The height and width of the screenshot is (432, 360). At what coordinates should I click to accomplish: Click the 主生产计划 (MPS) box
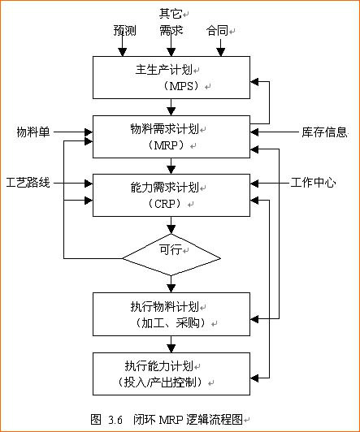click(171, 77)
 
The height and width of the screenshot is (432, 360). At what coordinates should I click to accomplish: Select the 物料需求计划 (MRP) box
click(171, 136)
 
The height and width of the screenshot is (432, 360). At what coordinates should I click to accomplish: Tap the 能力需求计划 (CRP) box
click(171, 195)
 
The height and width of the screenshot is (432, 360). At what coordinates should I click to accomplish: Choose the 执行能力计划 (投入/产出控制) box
click(171, 373)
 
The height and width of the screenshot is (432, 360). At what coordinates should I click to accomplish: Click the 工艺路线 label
click(28, 183)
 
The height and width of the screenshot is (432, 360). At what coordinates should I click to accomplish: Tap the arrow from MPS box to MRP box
click(171, 106)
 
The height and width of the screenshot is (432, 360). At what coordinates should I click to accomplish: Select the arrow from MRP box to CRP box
click(171, 165)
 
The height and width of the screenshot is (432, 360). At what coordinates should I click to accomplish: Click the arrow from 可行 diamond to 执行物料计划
click(171, 284)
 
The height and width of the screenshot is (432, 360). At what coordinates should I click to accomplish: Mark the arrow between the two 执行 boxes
click(171, 344)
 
